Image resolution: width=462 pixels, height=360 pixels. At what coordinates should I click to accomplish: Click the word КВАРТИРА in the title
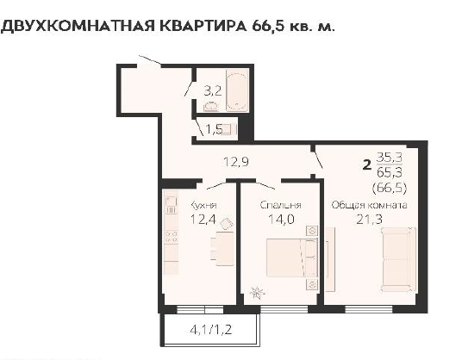pyautogui.click(x=203, y=26)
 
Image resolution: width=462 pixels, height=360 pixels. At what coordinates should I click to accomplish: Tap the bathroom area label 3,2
pyautogui.click(x=213, y=90)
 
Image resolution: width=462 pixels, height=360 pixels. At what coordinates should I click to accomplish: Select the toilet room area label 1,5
pyautogui.click(x=214, y=129)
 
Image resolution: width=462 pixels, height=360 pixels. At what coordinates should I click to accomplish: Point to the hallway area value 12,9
pyautogui.click(x=236, y=162)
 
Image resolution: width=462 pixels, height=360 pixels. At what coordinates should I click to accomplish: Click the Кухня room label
pyautogui.click(x=204, y=205)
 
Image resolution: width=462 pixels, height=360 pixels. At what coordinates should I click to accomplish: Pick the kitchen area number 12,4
pyautogui.click(x=203, y=219)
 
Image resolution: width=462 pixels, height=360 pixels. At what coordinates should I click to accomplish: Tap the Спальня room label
pyautogui.click(x=280, y=205)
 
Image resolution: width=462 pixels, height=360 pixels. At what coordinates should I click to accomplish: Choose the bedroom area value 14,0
pyautogui.click(x=281, y=219)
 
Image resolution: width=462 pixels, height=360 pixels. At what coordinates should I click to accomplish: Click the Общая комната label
pyautogui.click(x=369, y=205)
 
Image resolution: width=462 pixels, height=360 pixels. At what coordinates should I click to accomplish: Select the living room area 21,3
pyautogui.click(x=369, y=219)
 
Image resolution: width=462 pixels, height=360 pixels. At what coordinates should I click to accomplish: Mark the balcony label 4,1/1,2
pyautogui.click(x=211, y=330)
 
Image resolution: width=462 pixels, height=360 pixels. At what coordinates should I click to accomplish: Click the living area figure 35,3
pyautogui.click(x=390, y=158)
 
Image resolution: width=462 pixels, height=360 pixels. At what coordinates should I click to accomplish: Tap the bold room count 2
pyautogui.click(x=367, y=164)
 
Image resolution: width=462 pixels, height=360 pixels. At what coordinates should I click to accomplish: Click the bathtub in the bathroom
pyautogui.click(x=237, y=90)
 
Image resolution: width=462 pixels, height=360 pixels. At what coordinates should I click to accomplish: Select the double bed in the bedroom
pyautogui.click(x=291, y=258)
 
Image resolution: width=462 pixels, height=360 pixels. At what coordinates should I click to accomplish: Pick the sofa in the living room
pyautogui.click(x=398, y=259)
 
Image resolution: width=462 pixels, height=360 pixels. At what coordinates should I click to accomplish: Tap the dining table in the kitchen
pyautogui.click(x=225, y=249)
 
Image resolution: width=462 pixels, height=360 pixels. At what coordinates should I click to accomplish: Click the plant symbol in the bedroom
pyautogui.click(x=257, y=293)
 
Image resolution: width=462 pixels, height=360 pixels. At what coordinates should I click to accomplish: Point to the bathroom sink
pyautogui.click(x=211, y=107)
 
